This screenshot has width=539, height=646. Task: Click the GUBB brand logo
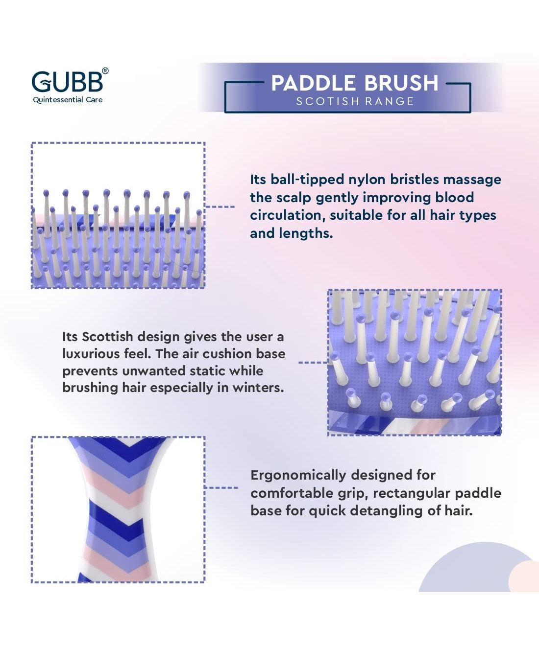[68, 82]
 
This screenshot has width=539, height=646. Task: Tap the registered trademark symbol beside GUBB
[105, 71]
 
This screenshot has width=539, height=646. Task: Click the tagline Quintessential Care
[68, 100]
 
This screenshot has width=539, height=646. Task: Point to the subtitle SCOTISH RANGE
[355, 101]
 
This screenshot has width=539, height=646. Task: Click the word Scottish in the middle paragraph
[107, 337]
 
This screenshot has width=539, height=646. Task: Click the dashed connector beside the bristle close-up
[220, 207]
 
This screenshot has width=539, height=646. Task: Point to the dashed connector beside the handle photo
[221, 487]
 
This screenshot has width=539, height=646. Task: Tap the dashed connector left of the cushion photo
[313, 362]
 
